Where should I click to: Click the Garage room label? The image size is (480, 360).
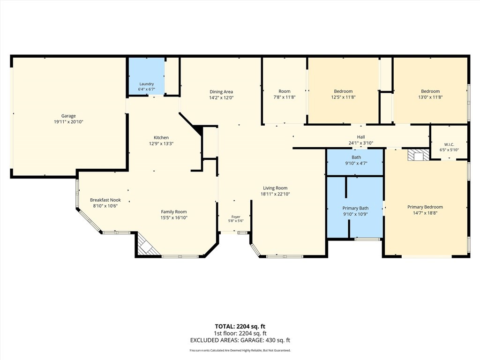(68, 116)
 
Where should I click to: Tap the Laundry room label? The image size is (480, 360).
(147, 84)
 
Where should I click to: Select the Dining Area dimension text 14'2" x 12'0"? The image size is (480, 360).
(221, 97)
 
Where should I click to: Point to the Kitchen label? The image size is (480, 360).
(161, 138)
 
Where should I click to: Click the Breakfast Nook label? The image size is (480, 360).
(105, 200)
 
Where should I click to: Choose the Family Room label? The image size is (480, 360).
(174, 212)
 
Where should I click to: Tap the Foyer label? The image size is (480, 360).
(236, 217)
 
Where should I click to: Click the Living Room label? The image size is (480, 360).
(275, 188)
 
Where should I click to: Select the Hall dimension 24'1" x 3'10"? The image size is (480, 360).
(361, 143)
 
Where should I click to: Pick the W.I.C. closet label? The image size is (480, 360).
(449, 145)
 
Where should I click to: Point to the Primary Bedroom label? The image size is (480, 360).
(425, 207)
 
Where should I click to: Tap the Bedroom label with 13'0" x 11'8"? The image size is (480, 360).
(430, 91)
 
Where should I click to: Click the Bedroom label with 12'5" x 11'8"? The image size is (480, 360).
(343, 91)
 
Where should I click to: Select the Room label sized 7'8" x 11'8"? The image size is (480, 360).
(285, 91)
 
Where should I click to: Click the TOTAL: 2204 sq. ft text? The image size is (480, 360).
(240, 326)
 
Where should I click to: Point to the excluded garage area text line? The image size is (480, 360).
(240, 340)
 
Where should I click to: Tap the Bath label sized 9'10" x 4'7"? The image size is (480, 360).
(356, 157)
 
